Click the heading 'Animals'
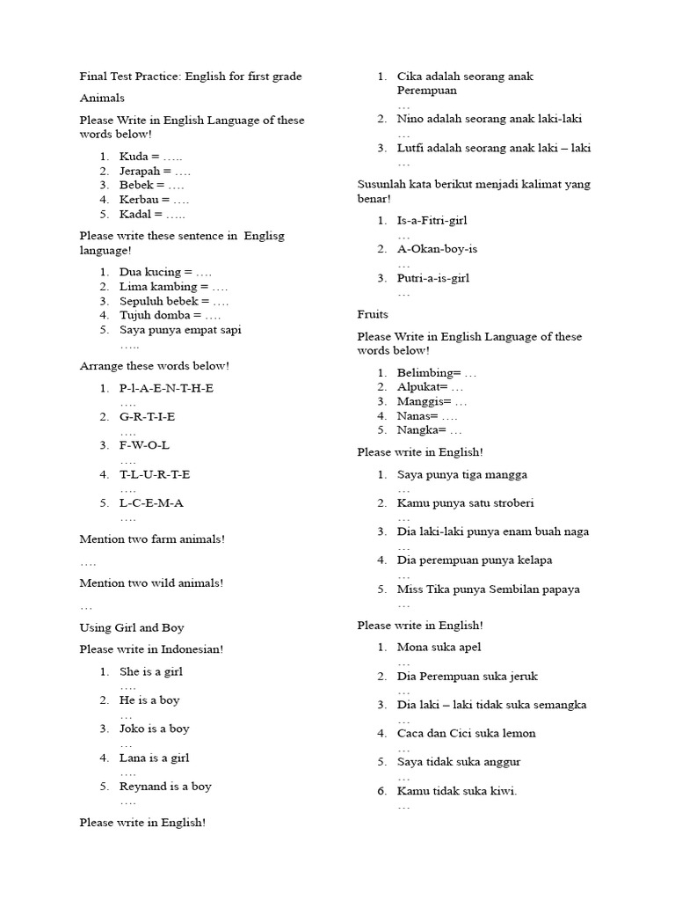coord(102,99)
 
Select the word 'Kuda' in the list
coord(134,157)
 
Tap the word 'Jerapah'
coord(141,171)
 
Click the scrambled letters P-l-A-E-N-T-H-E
coord(166,388)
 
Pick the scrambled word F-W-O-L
coord(145,445)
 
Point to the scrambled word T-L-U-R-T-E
coord(155,474)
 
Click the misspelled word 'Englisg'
coord(265,236)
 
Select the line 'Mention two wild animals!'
coord(151,582)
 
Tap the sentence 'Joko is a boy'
coord(155,729)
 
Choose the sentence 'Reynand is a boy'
coord(165,787)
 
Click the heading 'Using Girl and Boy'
coord(132,628)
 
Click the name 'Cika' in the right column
coord(410,77)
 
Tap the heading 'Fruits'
coord(373,314)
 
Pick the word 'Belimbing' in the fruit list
coord(424,373)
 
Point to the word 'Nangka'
coord(417,430)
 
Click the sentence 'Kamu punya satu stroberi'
coord(465,503)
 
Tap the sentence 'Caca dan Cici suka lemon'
coord(466,733)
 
